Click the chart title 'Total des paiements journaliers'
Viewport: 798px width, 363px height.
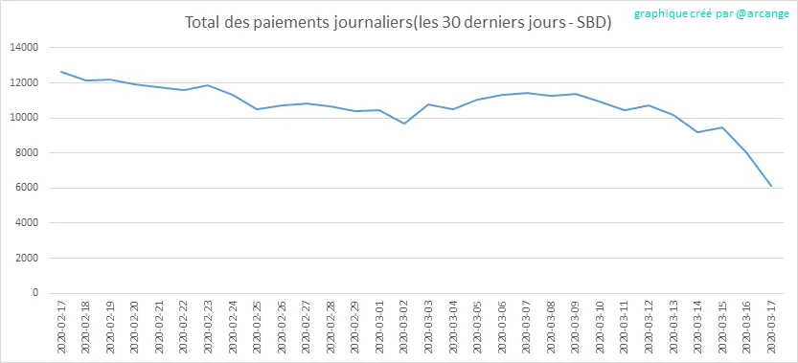tap(298, 23)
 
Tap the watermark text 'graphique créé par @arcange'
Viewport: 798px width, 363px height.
tap(712, 13)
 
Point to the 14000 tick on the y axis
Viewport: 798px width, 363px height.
tap(25, 48)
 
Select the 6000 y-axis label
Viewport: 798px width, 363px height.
tap(27, 188)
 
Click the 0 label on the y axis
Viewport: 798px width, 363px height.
tap(35, 293)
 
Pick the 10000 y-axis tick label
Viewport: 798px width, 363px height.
tap(25, 118)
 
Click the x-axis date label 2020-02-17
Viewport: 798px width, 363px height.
tap(61, 326)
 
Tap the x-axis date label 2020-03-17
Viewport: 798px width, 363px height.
tap(771, 326)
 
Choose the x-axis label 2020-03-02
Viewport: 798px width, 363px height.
tap(404, 326)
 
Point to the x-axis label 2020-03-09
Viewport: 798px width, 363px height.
tap(576, 326)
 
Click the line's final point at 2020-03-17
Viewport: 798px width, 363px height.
tap(771, 187)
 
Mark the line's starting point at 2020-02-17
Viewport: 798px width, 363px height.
tap(61, 72)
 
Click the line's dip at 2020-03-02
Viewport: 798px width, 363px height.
tap(404, 124)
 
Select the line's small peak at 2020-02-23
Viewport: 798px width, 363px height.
tap(208, 85)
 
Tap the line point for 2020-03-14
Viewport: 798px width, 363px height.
tap(697, 132)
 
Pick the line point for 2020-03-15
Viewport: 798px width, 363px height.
tap(722, 127)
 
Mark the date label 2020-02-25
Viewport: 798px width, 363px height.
tap(258, 326)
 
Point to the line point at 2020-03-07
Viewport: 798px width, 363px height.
tap(527, 93)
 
